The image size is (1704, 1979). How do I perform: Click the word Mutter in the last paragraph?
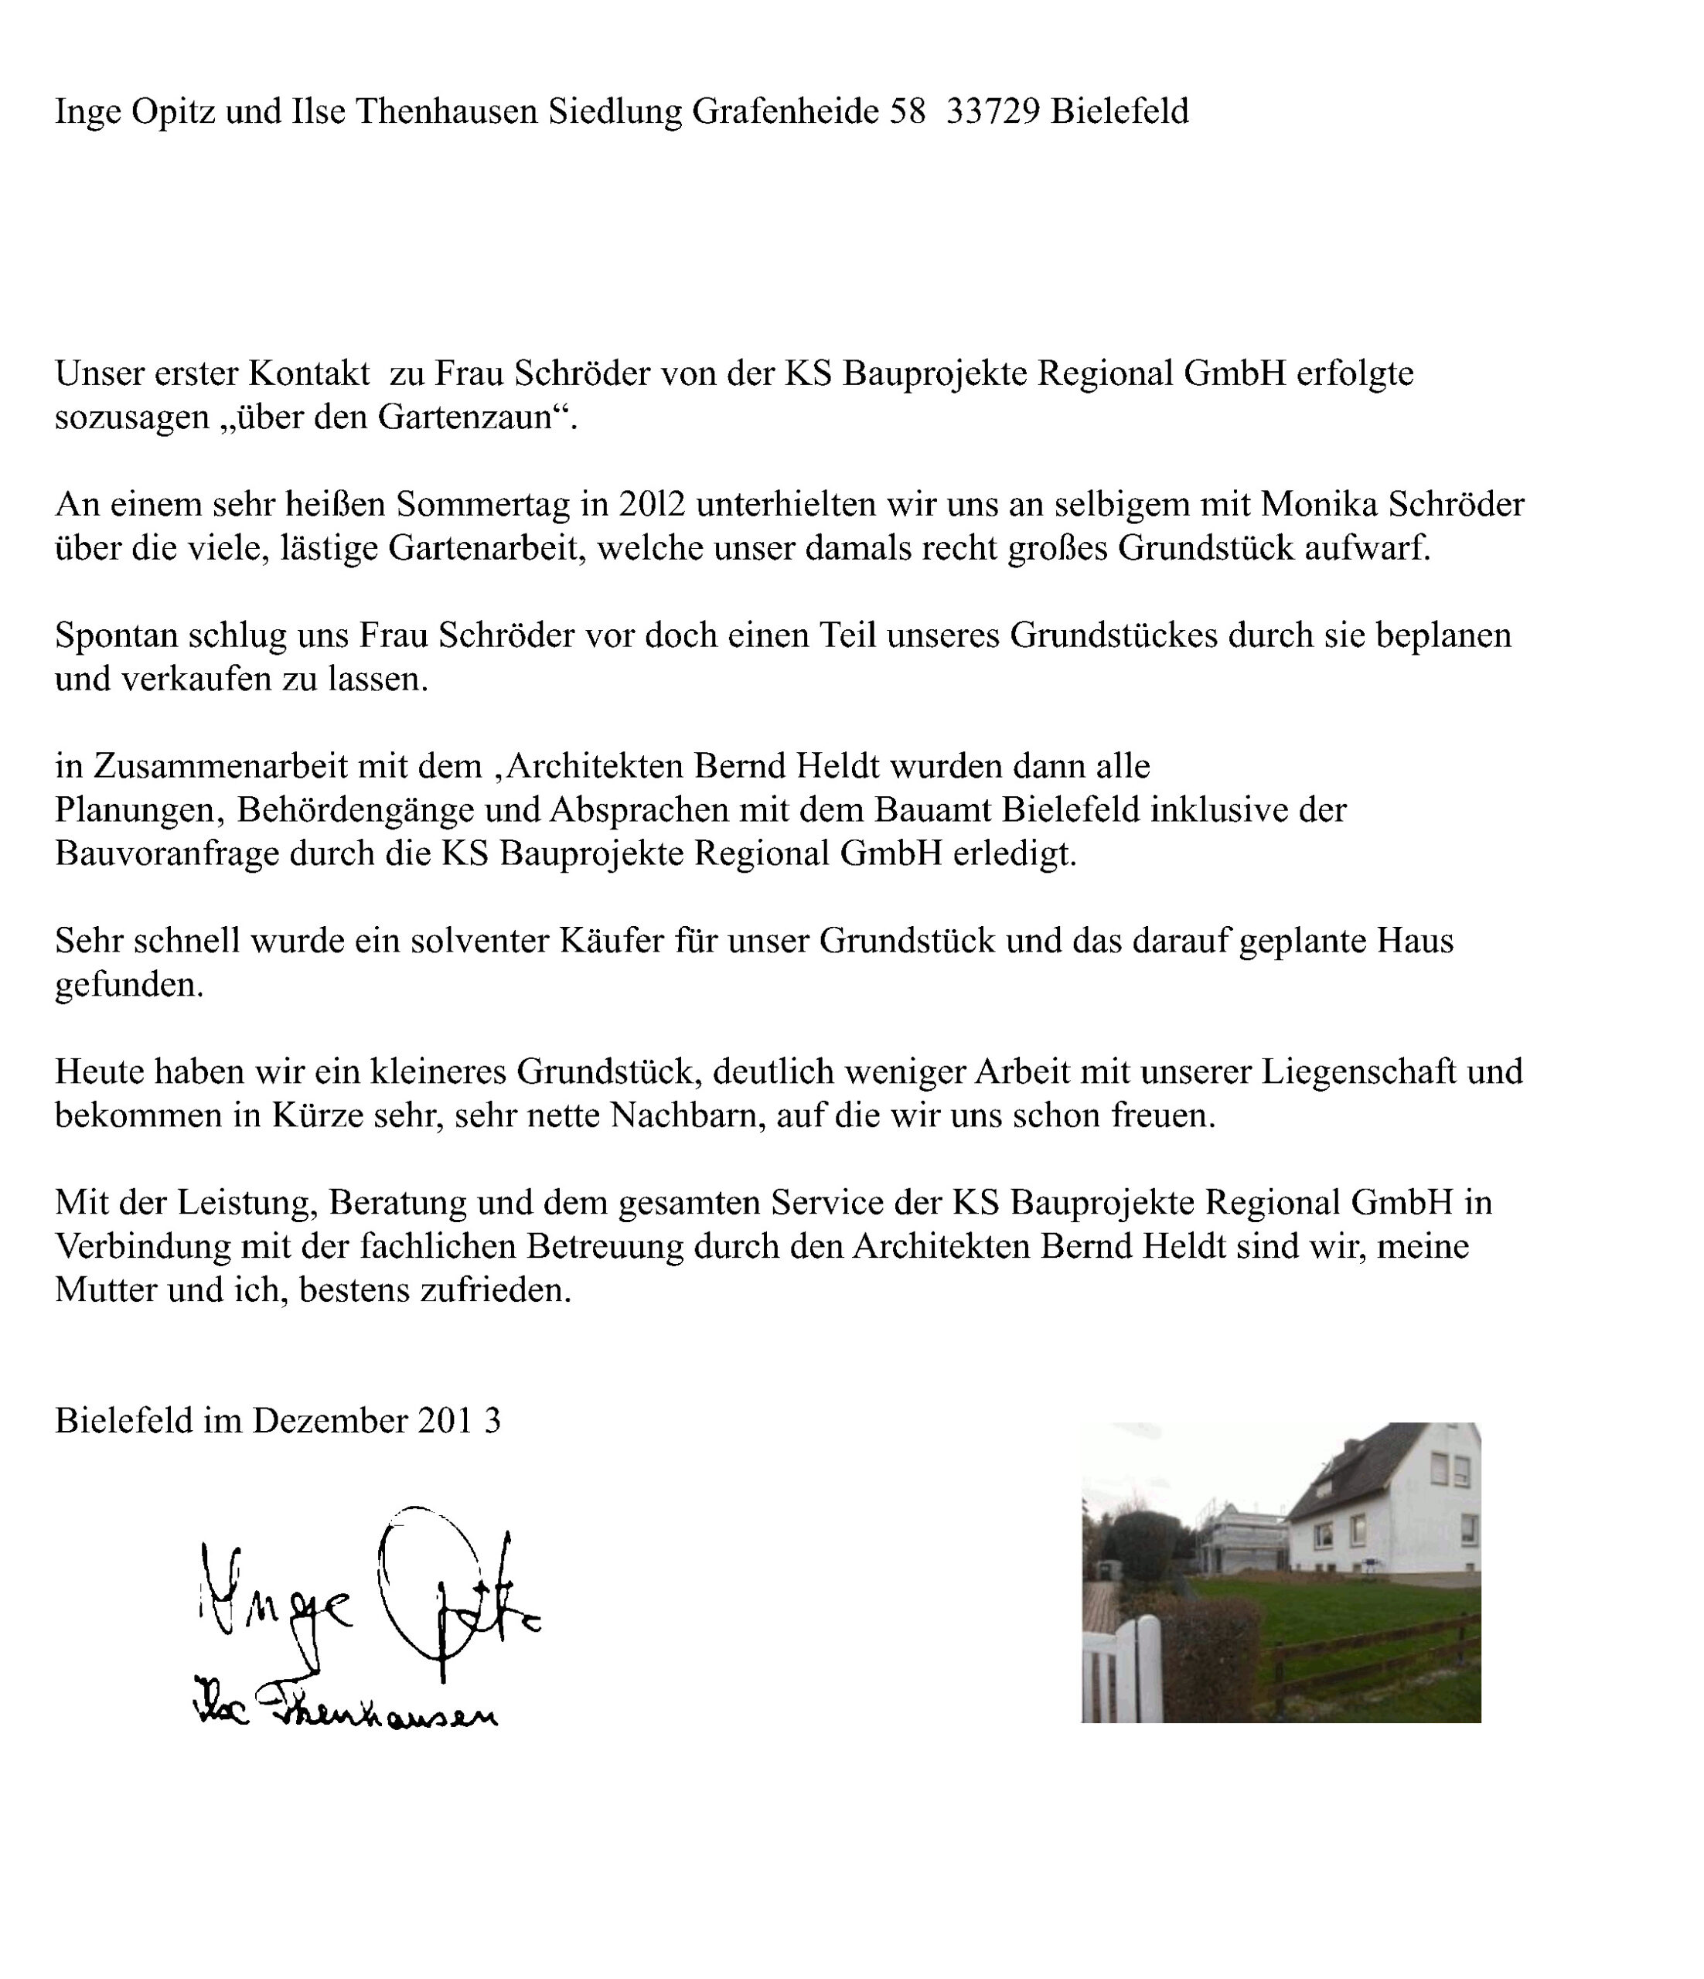coord(106,1289)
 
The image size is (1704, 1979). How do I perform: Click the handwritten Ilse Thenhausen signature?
coord(344,1715)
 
